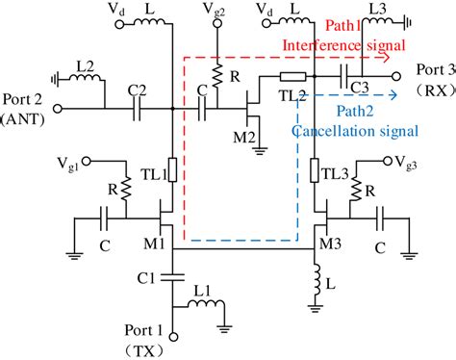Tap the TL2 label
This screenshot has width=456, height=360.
[x=297, y=94]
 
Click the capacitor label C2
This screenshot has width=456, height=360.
[x=137, y=92]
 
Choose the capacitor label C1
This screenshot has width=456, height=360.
[x=147, y=280]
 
